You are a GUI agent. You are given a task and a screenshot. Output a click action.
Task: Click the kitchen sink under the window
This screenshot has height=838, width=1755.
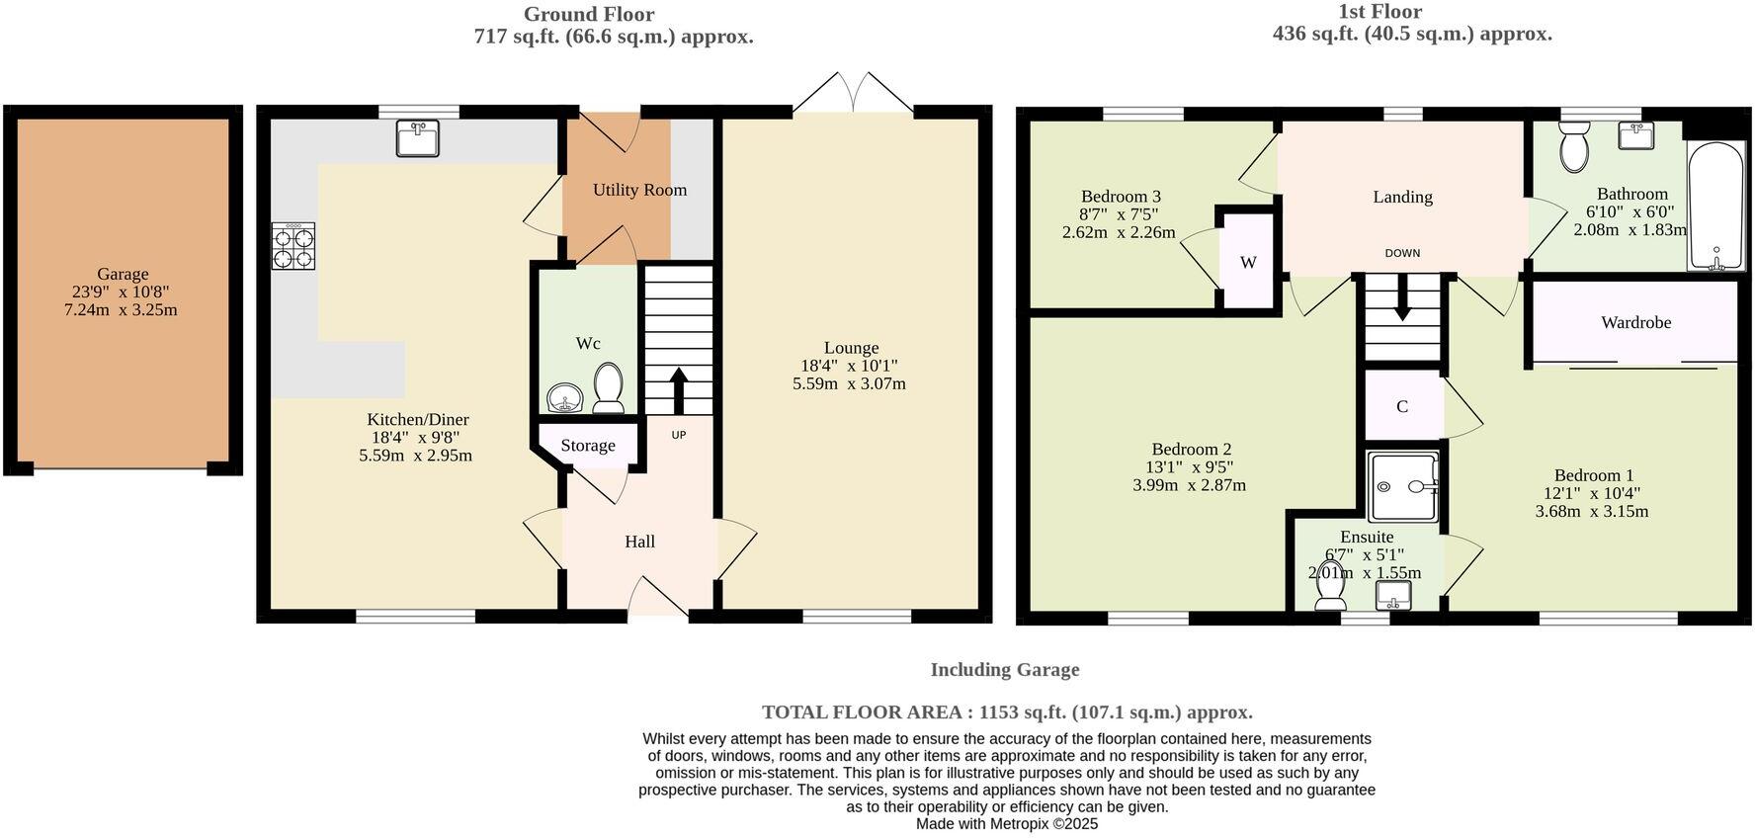pyautogui.click(x=417, y=138)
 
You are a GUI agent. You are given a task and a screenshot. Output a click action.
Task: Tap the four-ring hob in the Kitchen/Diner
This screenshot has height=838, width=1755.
pyautogui.click(x=293, y=246)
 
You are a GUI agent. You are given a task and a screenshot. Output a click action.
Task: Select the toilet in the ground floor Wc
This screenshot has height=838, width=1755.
pyautogui.click(x=608, y=387)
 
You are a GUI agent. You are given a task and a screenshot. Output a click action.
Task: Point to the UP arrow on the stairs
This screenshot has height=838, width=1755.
pyautogui.click(x=679, y=390)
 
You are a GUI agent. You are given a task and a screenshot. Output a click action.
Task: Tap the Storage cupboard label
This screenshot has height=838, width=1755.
pyautogui.click(x=588, y=446)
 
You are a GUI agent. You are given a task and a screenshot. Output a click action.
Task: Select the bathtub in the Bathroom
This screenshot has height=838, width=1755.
pyautogui.click(x=1715, y=206)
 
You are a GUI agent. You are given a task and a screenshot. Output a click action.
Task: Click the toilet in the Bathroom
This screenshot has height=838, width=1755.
pyautogui.click(x=1572, y=148)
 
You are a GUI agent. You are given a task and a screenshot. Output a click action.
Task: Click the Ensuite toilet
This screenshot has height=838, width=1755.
pyautogui.click(x=1330, y=591)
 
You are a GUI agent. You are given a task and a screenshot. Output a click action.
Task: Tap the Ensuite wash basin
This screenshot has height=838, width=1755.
pyautogui.click(x=1393, y=595)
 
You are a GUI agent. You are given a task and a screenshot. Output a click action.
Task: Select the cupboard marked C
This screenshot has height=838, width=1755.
pyautogui.click(x=1402, y=406)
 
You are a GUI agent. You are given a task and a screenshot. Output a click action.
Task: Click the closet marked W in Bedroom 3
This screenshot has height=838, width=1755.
pyautogui.click(x=1248, y=262)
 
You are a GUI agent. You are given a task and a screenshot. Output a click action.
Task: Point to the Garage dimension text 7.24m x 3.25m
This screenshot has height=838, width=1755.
pyautogui.click(x=123, y=310)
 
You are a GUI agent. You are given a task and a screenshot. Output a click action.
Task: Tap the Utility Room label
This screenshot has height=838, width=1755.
pyautogui.click(x=639, y=190)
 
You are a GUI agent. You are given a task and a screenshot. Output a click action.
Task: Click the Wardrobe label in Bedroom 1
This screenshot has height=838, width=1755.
pyautogui.click(x=1635, y=322)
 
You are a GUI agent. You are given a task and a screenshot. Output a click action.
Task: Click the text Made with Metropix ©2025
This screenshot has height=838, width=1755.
pyautogui.click(x=1006, y=823)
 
